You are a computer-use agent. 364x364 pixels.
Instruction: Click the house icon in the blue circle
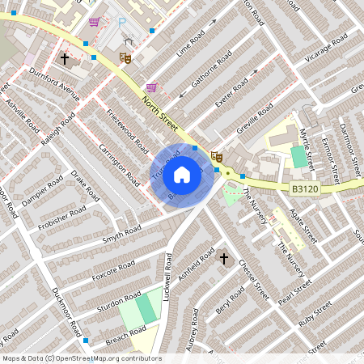182,173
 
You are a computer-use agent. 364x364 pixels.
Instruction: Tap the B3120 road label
303,188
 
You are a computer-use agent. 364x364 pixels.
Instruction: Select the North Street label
159,111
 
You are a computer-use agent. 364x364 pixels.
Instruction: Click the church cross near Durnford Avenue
65,59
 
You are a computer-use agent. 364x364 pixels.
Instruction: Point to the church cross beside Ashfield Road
224,259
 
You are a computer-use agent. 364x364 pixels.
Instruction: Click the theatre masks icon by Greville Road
215,157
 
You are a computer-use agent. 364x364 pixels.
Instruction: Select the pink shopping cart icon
95,23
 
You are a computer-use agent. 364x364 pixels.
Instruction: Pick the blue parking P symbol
122,24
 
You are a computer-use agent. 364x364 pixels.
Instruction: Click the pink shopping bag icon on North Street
151,87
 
